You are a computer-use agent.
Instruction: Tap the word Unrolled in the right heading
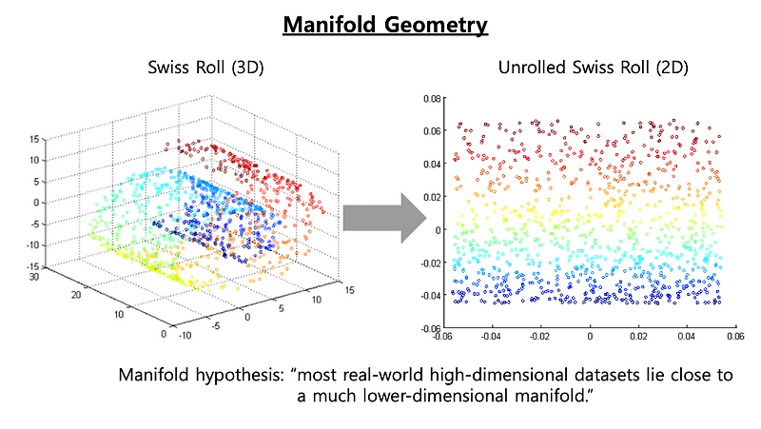[x=530, y=69]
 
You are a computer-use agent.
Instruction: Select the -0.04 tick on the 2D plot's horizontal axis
[x=491, y=336]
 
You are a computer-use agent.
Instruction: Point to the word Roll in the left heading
[x=212, y=69]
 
